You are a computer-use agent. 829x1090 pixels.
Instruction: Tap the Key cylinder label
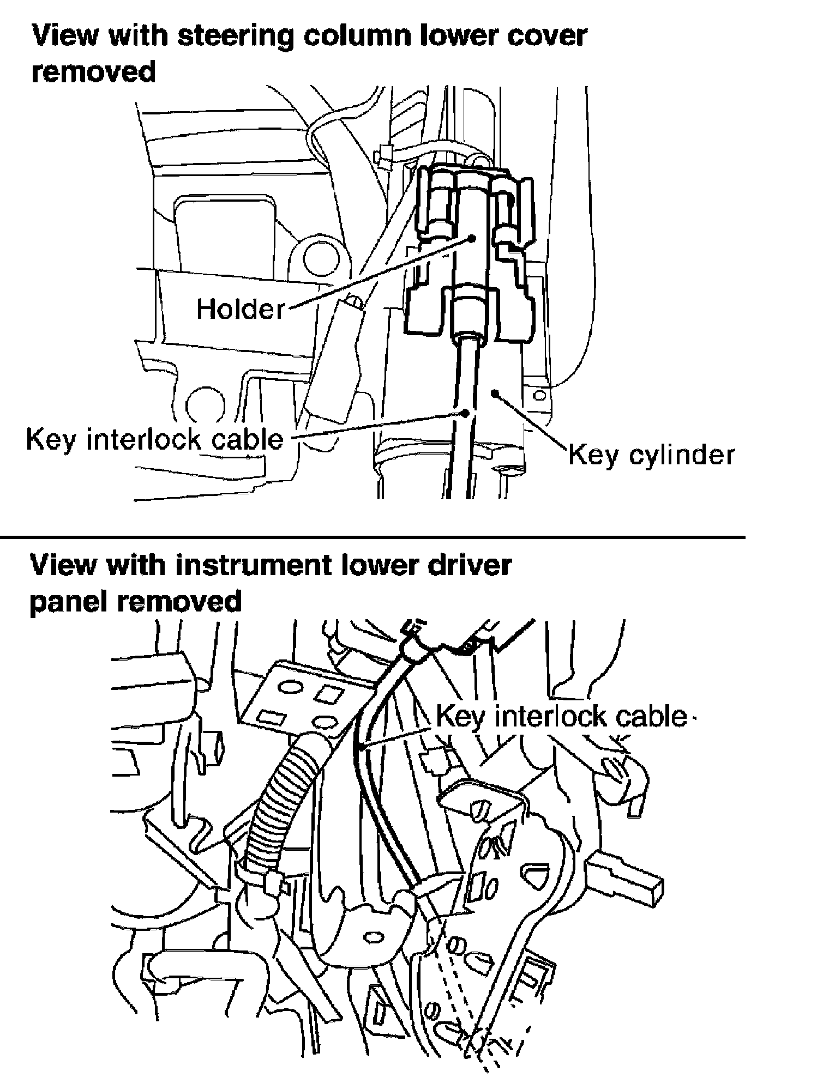tap(652, 454)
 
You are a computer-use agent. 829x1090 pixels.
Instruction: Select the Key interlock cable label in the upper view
tap(155, 439)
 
